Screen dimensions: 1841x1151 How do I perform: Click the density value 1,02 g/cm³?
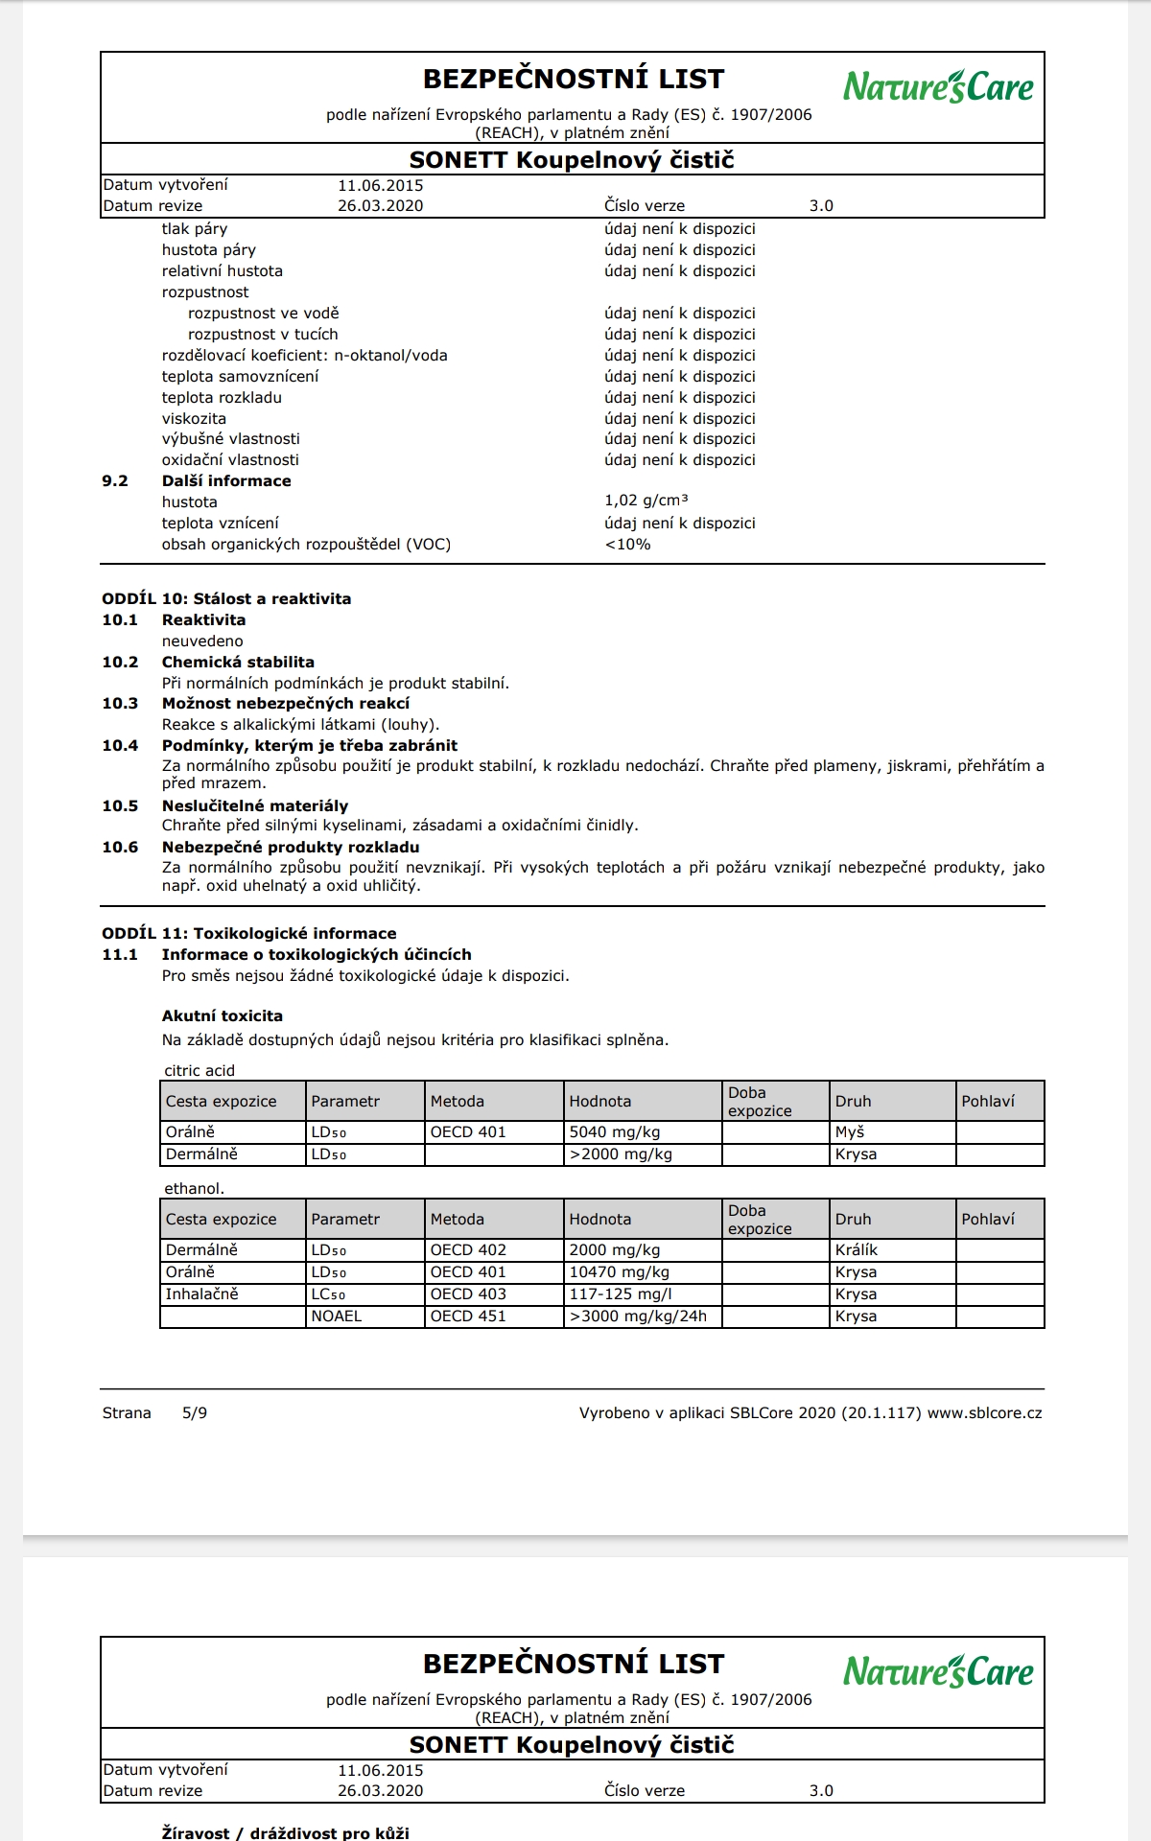(646, 501)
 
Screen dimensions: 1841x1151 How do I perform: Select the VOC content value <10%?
(627, 544)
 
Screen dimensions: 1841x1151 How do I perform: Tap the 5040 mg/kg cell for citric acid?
(614, 1132)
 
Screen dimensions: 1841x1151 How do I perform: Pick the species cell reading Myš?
(850, 1132)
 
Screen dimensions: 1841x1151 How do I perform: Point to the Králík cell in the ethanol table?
(857, 1250)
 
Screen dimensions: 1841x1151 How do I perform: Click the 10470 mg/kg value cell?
(619, 1272)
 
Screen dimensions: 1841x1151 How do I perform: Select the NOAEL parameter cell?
(337, 1317)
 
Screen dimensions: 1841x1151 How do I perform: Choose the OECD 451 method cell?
(468, 1317)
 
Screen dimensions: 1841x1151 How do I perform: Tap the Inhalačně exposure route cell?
(201, 1294)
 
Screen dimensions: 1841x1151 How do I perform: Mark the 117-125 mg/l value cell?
(620, 1294)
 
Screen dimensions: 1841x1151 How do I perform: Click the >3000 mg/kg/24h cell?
(638, 1317)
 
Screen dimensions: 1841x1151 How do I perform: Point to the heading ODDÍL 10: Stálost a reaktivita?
(226, 598)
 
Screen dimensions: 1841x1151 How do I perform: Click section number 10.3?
(120, 703)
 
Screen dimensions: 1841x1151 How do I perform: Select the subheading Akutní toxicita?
(223, 1015)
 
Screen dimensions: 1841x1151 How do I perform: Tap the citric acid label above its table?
(200, 1070)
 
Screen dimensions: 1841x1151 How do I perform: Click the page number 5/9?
(195, 1412)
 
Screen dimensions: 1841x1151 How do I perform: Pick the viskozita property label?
(194, 418)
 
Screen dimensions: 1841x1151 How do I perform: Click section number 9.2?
(115, 480)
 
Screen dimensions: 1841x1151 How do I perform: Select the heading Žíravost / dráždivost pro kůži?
(285, 1832)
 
